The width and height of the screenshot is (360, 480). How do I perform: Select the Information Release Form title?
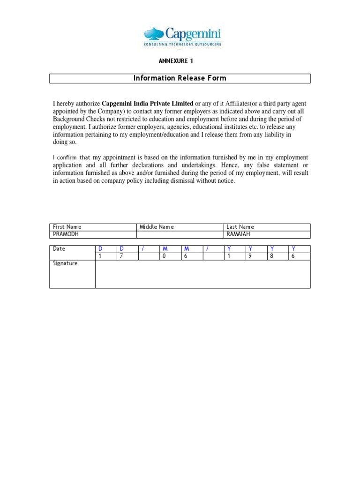click(x=180, y=78)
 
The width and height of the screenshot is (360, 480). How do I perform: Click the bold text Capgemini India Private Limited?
click(x=147, y=103)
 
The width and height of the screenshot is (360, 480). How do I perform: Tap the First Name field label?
click(x=67, y=227)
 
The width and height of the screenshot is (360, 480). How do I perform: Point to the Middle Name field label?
click(x=157, y=227)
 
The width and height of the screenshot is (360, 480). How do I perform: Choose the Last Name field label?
click(x=240, y=227)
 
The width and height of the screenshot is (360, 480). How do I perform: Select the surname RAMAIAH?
click(x=239, y=234)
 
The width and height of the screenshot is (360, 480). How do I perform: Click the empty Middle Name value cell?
click(x=180, y=234)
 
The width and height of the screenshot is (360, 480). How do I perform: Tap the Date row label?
click(x=59, y=248)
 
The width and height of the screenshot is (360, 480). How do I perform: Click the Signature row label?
click(x=65, y=263)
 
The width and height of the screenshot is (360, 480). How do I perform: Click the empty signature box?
click(x=202, y=274)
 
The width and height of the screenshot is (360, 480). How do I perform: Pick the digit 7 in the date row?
click(x=121, y=256)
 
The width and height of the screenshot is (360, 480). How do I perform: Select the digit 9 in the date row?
click(x=250, y=256)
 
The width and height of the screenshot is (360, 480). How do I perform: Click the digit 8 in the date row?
click(x=271, y=256)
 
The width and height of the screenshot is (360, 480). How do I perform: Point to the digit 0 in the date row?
click(x=164, y=256)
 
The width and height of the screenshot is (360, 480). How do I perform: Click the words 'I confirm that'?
click(x=71, y=157)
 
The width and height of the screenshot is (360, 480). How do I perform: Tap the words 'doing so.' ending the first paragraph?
click(x=64, y=142)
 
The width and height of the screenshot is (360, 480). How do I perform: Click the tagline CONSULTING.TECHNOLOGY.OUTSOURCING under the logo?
click(x=183, y=44)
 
